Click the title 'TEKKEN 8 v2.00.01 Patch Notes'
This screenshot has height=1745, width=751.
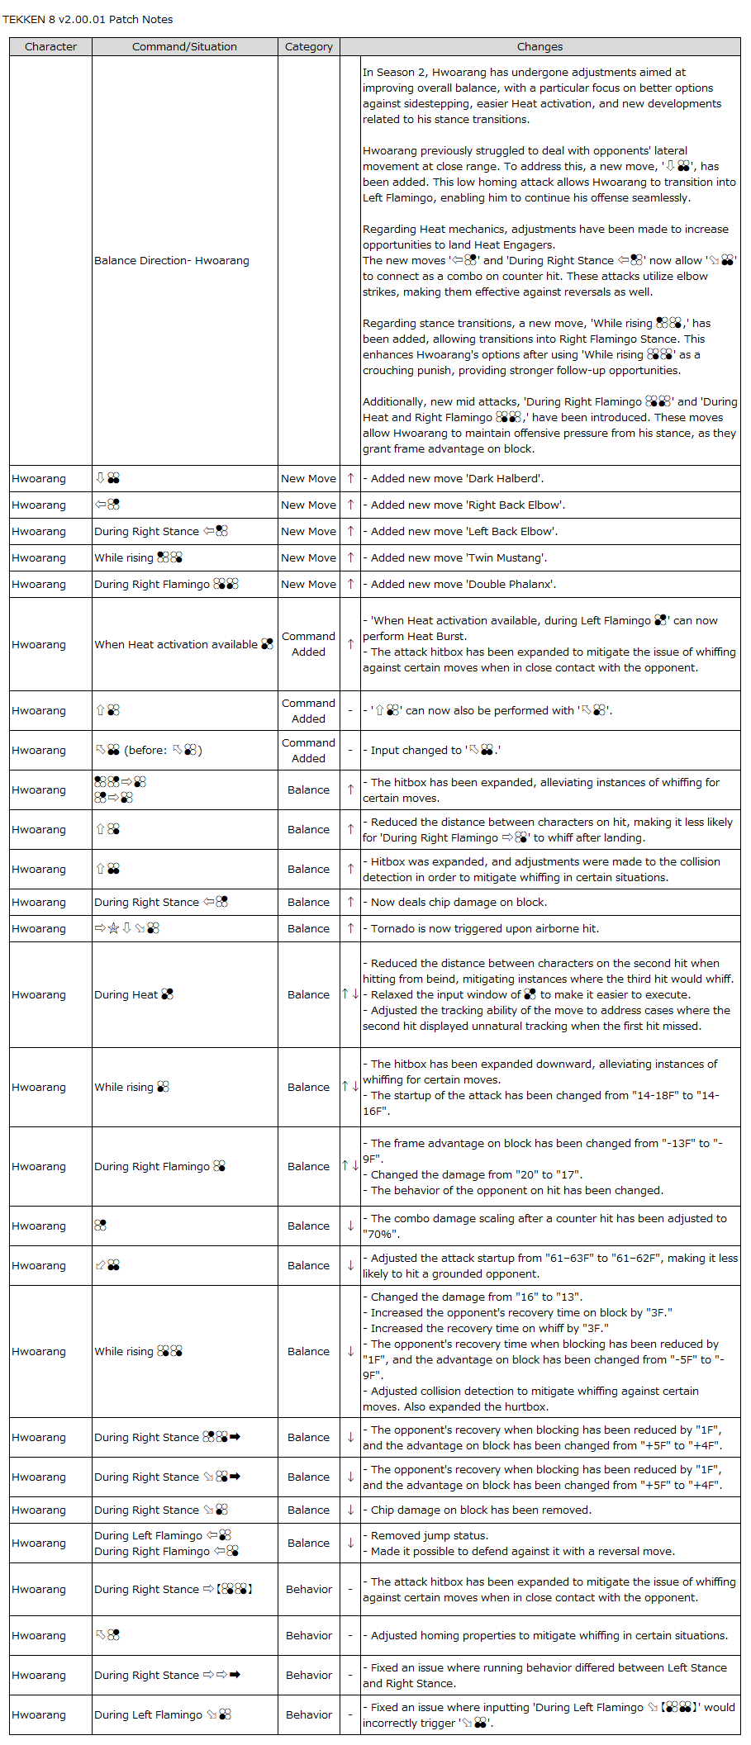[x=88, y=20]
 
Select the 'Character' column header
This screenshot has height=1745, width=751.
[x=50, y=47]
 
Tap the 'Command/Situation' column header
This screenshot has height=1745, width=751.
[x=184, y=47]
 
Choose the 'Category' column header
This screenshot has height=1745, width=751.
[x=308, y=47]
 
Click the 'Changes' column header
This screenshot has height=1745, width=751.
[x=539, y=47]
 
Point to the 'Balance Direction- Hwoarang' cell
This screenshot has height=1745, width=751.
[x=172, y=261]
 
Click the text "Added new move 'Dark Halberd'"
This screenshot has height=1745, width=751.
[x=457, y=479]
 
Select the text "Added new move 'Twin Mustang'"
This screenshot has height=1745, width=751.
[x=459, y=558]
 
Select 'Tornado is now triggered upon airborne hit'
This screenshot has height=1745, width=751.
[x=484, y=929]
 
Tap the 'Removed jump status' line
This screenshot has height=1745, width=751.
[x=429, y=1536]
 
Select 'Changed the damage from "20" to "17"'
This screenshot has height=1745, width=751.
[x=476, y=1175]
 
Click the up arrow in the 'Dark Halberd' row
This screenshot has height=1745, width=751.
[x=350, y=479]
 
